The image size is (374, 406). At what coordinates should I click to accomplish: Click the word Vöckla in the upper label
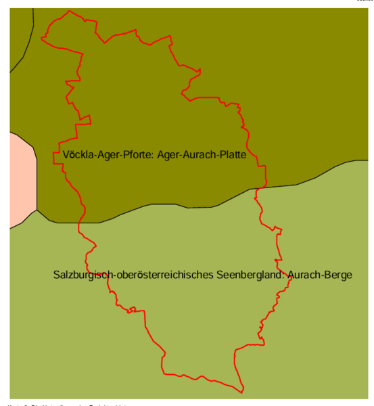[76, 155]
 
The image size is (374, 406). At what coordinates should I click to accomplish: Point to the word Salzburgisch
[81, 275]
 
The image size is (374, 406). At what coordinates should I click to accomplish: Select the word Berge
[338, 275]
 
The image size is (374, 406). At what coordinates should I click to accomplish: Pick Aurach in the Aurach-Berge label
[306, 275]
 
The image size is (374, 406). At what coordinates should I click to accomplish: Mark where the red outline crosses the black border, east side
[258, 189]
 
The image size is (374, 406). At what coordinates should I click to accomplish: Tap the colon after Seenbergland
[285, 276]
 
